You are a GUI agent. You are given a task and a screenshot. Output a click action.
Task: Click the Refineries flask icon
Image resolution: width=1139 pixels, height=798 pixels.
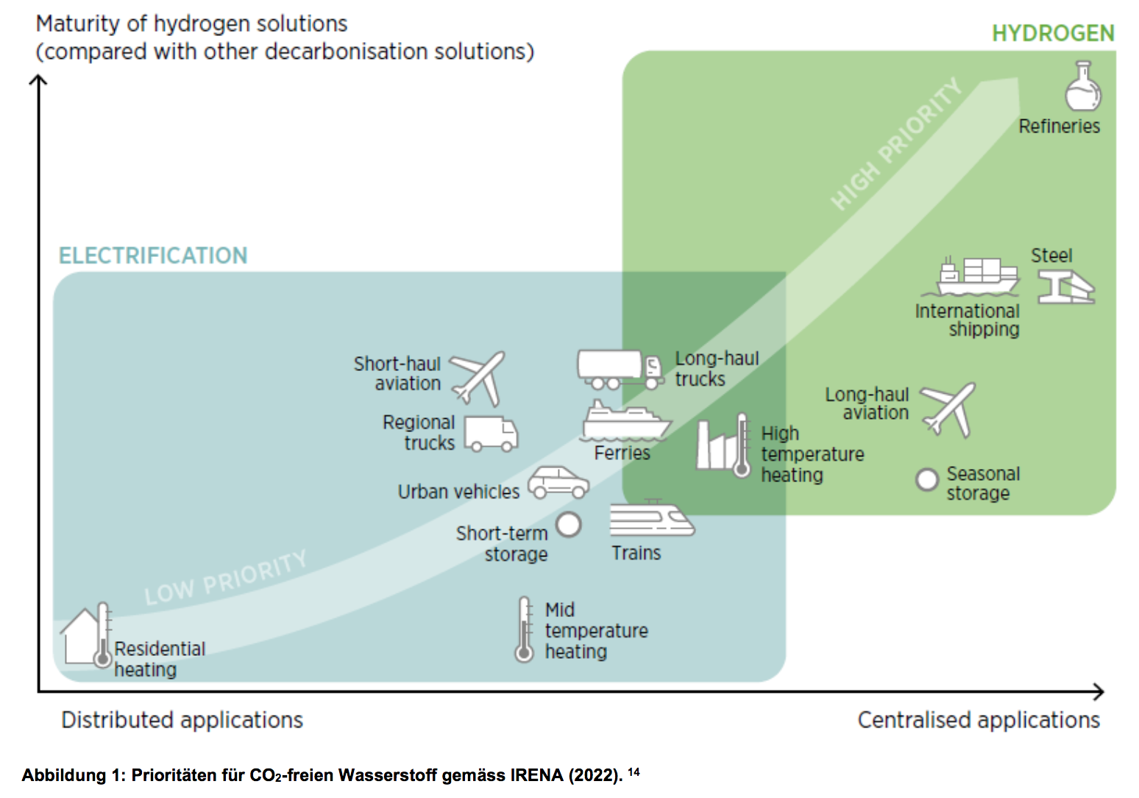[1083, 87]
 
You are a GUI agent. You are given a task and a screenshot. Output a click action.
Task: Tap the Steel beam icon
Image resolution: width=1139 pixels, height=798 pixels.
[1066, 286]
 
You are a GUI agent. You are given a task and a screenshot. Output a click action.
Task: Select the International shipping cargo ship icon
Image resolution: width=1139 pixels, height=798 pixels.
[978, 277]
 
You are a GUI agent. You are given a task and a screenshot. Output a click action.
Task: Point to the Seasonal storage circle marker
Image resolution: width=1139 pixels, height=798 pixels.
[926, 480]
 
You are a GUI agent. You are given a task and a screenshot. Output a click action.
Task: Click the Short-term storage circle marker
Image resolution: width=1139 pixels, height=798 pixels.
[569, 524]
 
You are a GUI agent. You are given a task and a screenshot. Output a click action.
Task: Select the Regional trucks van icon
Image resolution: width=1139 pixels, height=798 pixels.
[491, 434]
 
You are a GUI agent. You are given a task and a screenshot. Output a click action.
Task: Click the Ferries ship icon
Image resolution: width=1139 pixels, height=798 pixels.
[625, 421]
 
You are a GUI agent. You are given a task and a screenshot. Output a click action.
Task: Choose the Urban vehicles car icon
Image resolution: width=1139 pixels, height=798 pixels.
[558, 483]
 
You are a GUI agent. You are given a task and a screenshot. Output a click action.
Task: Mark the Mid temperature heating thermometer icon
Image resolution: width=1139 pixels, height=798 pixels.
[524, 629]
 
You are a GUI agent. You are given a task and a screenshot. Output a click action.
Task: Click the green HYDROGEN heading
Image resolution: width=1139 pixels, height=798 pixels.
[1053, 34]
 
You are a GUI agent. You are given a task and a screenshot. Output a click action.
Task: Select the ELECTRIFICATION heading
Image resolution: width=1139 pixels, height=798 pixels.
[153, 255]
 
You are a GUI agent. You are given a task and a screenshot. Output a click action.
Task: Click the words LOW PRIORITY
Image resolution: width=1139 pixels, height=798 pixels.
[225, 579]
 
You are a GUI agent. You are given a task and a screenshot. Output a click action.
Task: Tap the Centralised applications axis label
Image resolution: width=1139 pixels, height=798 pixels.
[978, 720]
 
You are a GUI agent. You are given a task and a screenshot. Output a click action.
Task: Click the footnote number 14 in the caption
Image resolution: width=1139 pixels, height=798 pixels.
[634, 771]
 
